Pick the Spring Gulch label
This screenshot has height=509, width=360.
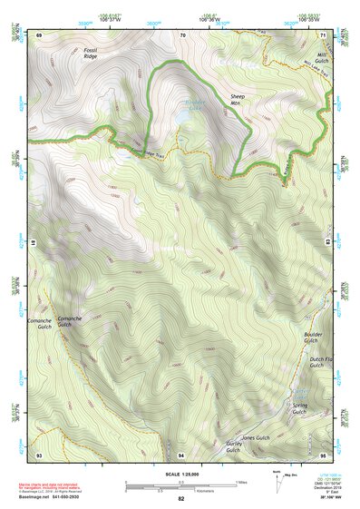coord(300,407)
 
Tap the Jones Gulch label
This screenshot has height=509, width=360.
coord(256,437)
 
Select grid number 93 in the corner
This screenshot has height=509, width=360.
coord(39,454)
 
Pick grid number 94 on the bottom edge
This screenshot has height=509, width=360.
coord(181,454)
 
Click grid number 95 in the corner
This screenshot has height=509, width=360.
coord(323,454)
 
